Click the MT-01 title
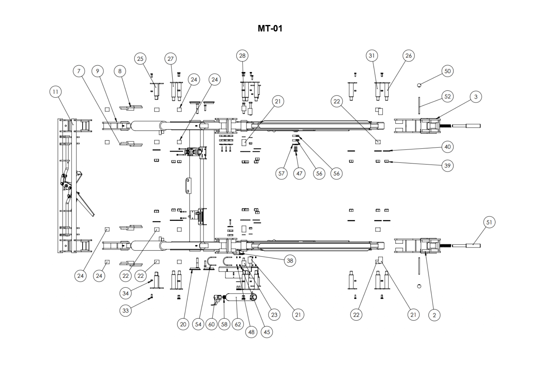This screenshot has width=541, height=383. tap(270, 29)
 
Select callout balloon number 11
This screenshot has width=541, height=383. tap(55, 92)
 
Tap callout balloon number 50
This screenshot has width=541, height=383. tap(447, 71)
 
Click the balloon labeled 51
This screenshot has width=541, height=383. tap(489, 222)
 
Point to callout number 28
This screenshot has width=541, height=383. tap(242, 56)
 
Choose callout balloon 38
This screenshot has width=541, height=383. tap(290, 261)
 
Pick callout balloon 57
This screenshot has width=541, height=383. tap(281, 173)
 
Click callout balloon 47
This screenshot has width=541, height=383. tap(299, 173)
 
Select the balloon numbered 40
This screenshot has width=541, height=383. tap(447, 147)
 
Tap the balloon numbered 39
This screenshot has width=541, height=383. tap(447, 166)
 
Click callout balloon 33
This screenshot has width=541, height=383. tap(125, 310)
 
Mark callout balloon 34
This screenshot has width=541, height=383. tap(125, 293)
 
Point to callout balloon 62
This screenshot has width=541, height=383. tap(238, 324)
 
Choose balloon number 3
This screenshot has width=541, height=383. tap(476, 97)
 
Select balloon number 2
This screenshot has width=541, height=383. tap(434, 315)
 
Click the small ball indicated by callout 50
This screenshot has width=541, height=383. tap(419, 85)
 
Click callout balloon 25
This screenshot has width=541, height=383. tap(140, 59)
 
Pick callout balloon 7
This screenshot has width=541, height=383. tap(79, 71)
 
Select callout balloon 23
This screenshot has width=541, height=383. tap(274, 315)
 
